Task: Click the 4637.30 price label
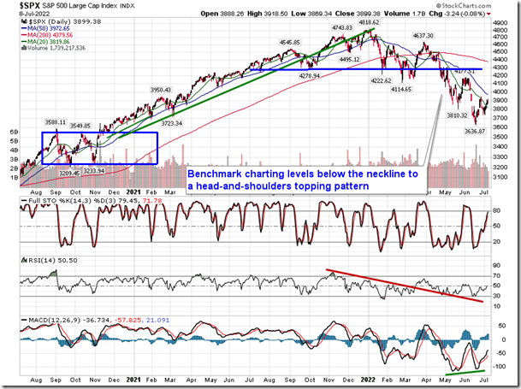427,36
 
